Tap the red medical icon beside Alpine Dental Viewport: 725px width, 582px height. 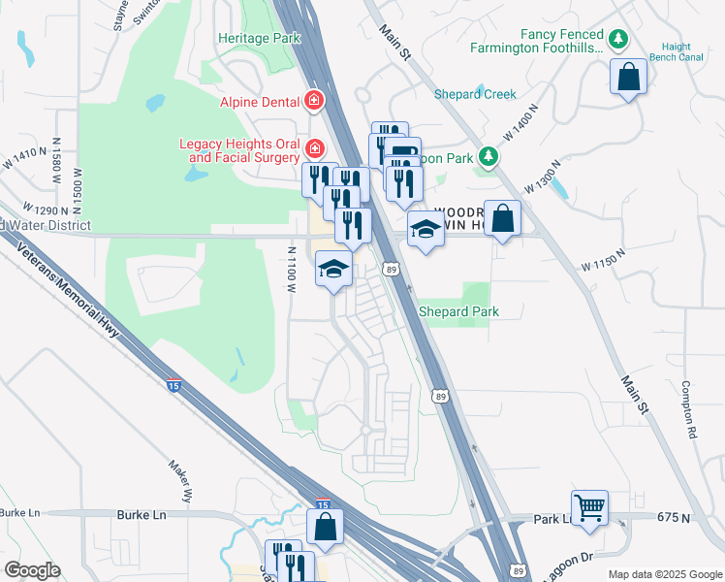tap(314, 100)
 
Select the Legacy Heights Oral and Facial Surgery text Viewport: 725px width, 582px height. tap(240, 149)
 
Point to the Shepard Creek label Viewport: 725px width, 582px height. tap(475, 94)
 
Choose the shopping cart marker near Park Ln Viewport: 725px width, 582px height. tap(589, 506)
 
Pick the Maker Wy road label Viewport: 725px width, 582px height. tap(181, 481)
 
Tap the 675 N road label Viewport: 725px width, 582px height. tap(673, 519)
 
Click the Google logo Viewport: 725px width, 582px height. tap(32, 570)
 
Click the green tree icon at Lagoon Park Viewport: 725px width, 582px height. tap(490, 157)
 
